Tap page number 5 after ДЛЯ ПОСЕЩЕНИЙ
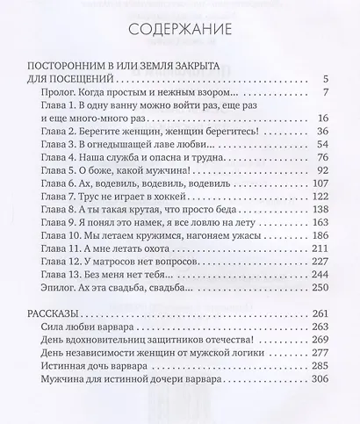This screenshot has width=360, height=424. point(325,79)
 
